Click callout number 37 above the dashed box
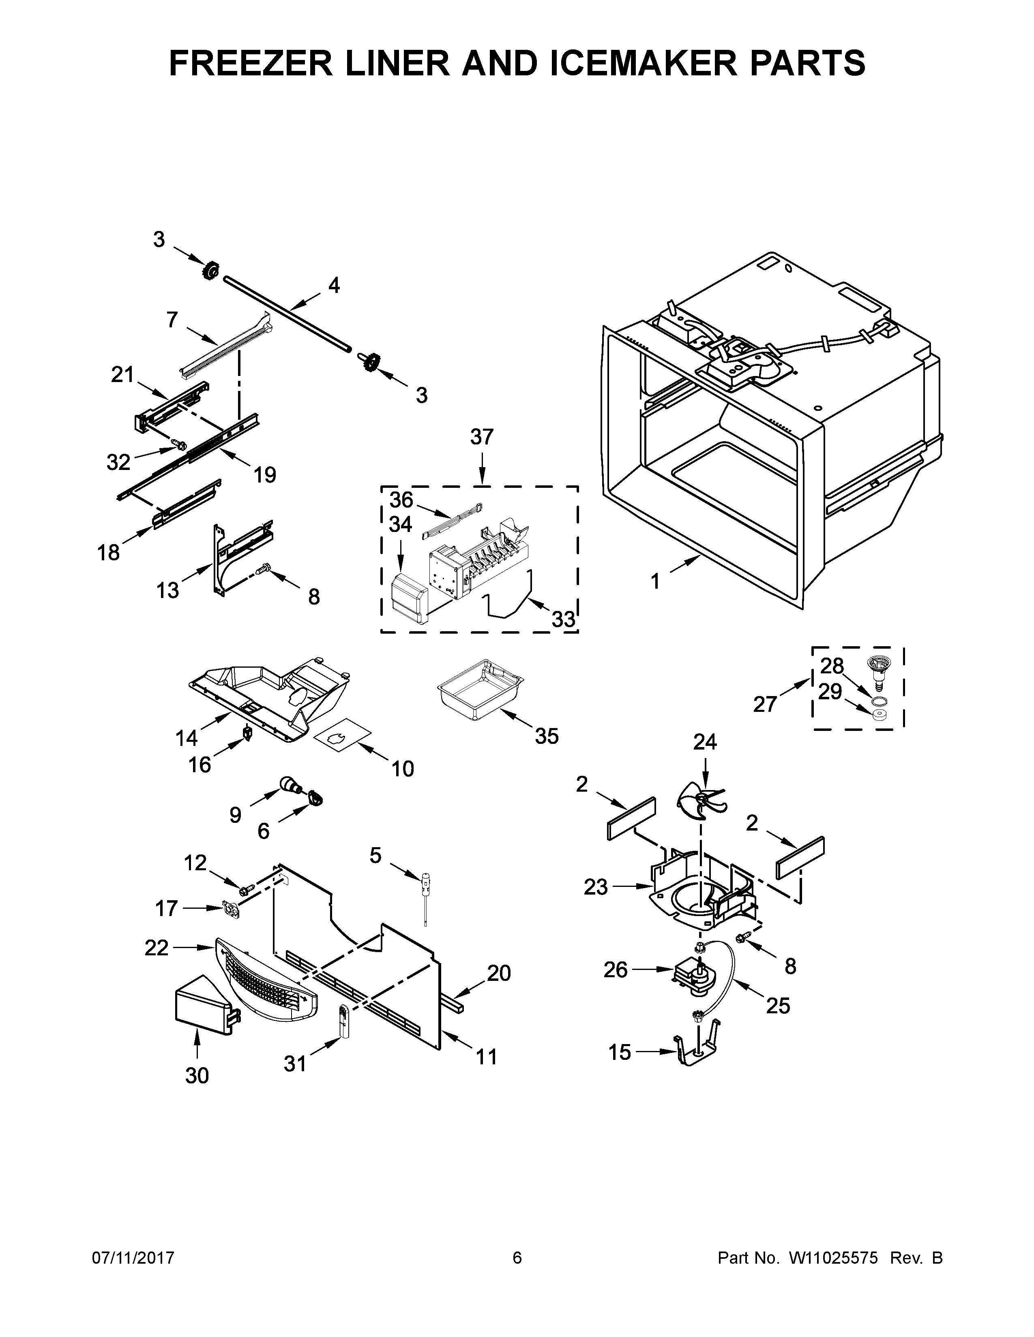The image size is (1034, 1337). [x=481, y=437]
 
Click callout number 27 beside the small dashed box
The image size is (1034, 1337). [x=765, y=705]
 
